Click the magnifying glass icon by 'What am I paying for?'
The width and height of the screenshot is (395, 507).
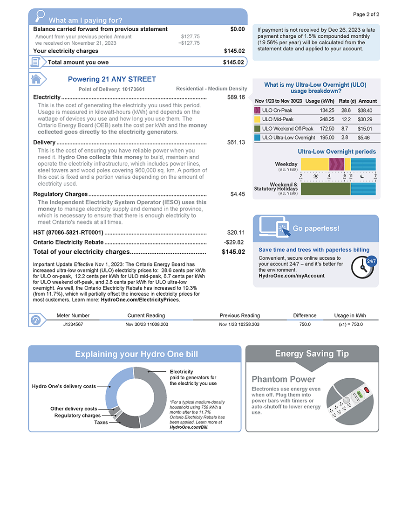click(x=40, y=15)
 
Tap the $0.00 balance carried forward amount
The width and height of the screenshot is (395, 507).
click(x=237, y=29)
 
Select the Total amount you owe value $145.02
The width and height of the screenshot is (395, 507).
click(x=234, y=62)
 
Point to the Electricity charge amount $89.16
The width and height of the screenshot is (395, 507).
click(x=236, y=97)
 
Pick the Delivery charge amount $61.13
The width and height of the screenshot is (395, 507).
click(x=236, y=142)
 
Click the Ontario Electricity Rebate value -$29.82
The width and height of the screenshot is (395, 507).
click(x=234, y=242)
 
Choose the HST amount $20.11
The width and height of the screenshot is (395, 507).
click(x=236, y=232)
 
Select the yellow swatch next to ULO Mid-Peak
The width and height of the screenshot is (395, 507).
click(x=257, y=119)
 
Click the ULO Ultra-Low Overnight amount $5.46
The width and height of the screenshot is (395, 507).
click(x=364, y=138)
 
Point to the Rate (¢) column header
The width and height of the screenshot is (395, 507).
click(x=347, y=101)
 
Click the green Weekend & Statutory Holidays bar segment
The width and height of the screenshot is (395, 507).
click(x=326, y=188)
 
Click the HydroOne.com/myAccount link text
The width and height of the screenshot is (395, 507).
click(x=291, y=276)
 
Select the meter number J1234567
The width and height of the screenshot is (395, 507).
click(x=73, y=324)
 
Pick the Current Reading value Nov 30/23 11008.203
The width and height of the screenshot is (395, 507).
click(x=147, y=324)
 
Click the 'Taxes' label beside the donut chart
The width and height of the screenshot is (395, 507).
click(x=101, y=422)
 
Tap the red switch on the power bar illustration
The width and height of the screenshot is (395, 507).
click(x=366, y=389)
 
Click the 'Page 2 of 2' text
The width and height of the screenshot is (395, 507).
click(x=366, y=14)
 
